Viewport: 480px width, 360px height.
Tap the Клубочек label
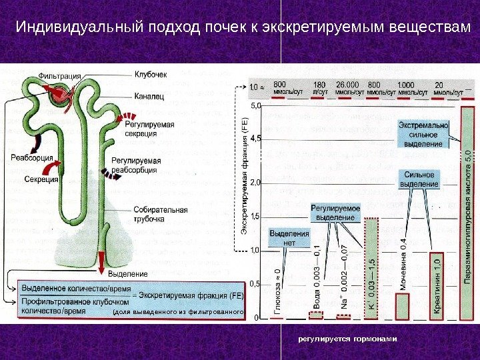[x=151, y=74]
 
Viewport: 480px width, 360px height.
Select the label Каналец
[x=149, y=97]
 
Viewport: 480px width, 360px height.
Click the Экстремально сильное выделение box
[x=423, y=135]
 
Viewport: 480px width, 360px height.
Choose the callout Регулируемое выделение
[x=335, y=213]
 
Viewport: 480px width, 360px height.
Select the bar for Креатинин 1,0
[x=437, y=287]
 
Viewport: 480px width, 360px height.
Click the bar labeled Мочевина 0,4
[x=403, y=307]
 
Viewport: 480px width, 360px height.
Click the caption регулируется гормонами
[x=347, y=339]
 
